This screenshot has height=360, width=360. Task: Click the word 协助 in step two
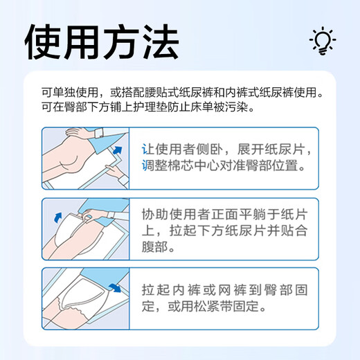[154, 215]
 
